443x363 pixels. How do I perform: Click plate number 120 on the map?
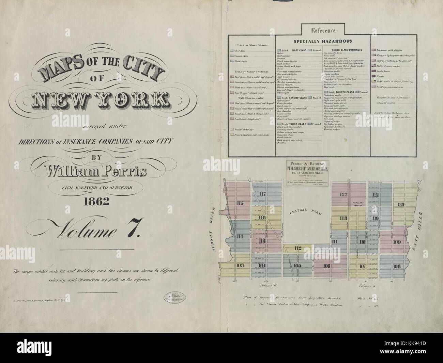coord(400,205)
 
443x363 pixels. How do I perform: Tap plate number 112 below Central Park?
coord(298,248)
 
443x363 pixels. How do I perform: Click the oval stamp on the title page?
coord(176,296)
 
